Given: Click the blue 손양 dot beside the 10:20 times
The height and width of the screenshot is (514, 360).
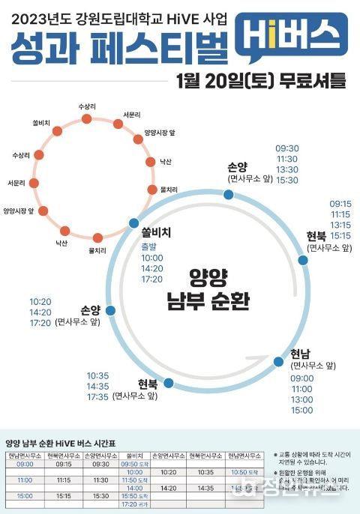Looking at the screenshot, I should [x=110, y=309].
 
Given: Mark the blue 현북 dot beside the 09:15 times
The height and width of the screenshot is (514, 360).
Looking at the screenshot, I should [x=303, y=260].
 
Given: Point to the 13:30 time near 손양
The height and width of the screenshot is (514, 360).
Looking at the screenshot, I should [x=287, y=169].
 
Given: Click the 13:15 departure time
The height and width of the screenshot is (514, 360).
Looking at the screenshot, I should [x=340, y=224].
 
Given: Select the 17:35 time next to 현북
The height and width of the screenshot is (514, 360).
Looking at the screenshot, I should [x=97, y=396].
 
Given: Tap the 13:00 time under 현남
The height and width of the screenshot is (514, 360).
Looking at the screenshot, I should [x=301, y=399].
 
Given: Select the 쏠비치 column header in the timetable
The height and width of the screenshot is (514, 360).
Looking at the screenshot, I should [x=136, y=455].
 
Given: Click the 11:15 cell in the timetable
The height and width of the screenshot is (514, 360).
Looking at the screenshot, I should [x=63, y=480].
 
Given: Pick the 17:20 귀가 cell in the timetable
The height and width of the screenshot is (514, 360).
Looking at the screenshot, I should [x=136, y=504].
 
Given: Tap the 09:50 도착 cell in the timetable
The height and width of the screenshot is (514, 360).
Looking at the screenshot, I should [x=136, y=464].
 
